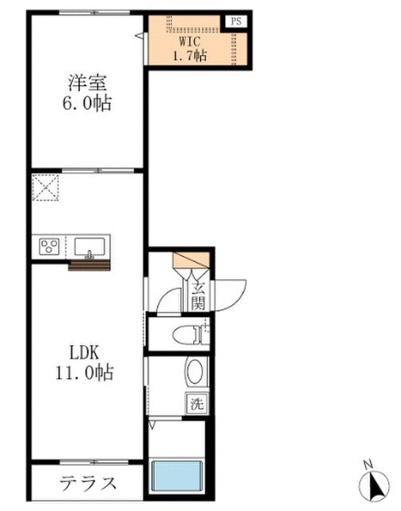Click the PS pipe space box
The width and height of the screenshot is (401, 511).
(x=236, y=22)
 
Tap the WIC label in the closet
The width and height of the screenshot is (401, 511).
(x=189, y=42)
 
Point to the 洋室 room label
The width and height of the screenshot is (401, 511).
(x=87, y=83)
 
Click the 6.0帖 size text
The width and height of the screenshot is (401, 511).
(x=87, y=103)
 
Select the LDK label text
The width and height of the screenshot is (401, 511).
(x=84, y=352)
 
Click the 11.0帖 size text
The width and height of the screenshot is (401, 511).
(x=84, y=373)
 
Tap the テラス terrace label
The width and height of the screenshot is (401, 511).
(x=88, y=483)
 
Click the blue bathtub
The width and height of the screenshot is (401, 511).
(x=177, y=476)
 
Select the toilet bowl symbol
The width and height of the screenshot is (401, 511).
(x=188, y=335)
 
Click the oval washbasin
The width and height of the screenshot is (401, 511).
(x=195, y=372)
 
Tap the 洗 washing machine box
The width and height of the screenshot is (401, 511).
(x=197, y=403)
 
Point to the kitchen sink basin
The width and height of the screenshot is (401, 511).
(x=89, y=248)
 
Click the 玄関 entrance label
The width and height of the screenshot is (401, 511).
(x=197, y=295)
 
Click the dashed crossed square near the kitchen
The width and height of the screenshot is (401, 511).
(x=46, y=188)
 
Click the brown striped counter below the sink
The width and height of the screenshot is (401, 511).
(x=89, y=265)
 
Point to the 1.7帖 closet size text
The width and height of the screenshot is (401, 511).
(x=189, y=56)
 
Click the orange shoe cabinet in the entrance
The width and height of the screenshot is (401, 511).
(x=192, y=259)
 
